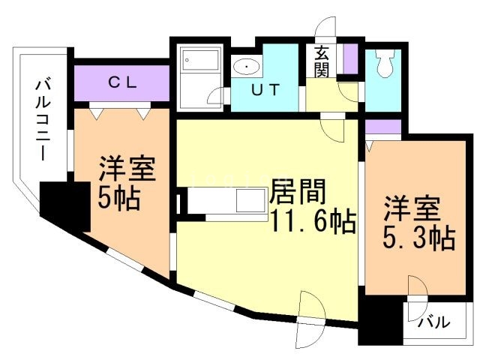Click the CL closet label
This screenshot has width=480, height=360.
pos(121,83)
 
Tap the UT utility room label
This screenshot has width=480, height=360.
pos(265,91)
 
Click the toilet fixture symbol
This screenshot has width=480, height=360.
pos(385,66)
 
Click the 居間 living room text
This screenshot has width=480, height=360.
pos(298,193)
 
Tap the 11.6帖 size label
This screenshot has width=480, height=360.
pos(307,223)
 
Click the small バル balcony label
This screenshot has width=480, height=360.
pos(433,323)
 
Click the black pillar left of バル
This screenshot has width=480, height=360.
pos(380,321)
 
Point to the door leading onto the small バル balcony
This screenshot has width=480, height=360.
pos(417,289)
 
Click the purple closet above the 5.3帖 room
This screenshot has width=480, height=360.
pos(384,127)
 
